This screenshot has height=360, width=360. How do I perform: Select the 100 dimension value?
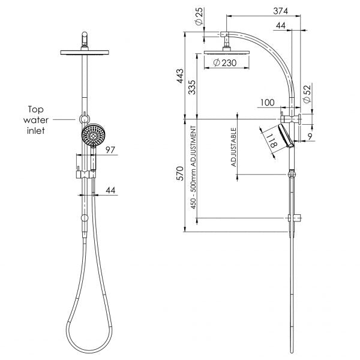tap(268, 103)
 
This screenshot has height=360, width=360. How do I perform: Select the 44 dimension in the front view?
tap(110, 190)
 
